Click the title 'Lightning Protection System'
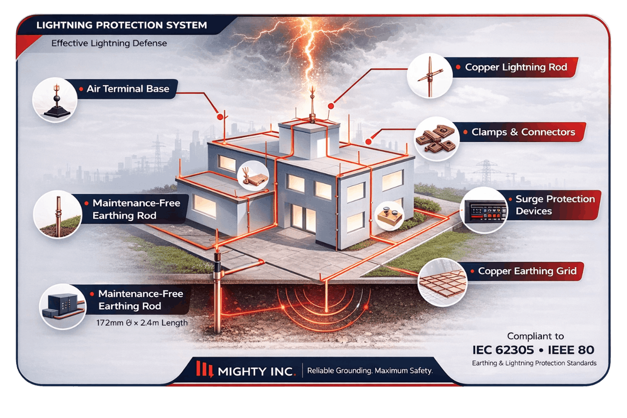coord(121,25)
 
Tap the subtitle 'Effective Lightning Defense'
coord(109,44)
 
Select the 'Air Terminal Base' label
coord(128,89)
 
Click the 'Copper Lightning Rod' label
coord(516,67)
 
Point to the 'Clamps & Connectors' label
coord(523,132)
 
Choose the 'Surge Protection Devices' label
coord(555,205)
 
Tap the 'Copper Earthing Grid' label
coord(527,271)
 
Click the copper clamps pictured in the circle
coord(436,139)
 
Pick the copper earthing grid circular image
coord(442,282)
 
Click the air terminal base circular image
coord(55,99)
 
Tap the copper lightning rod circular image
coord(430,75)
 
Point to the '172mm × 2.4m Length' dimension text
coord(142,323)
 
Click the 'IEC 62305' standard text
coord(503,350)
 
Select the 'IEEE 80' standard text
coord(571,350)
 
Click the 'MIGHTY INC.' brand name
coord(257,371)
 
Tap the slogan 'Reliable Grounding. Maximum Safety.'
coord(370,370)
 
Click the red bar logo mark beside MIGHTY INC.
coord(205,369)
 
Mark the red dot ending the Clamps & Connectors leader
coord(369,142)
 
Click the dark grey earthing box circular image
coord(63,307)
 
